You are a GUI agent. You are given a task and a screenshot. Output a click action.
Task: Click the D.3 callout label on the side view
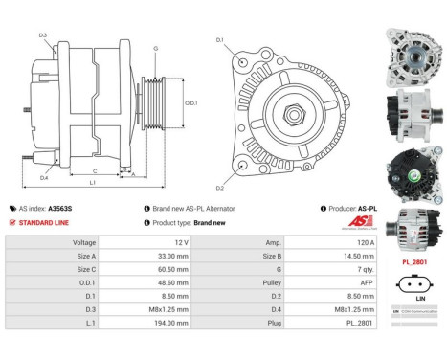coord(44,35)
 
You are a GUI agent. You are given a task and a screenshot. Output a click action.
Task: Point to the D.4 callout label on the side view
coord(44,177)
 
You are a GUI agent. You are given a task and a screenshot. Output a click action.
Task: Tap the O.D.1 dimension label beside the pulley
coord(190,102)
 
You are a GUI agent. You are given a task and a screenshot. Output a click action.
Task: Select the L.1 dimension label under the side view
coord(91,182)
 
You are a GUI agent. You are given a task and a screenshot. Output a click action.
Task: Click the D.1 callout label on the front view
coord(220,40)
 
